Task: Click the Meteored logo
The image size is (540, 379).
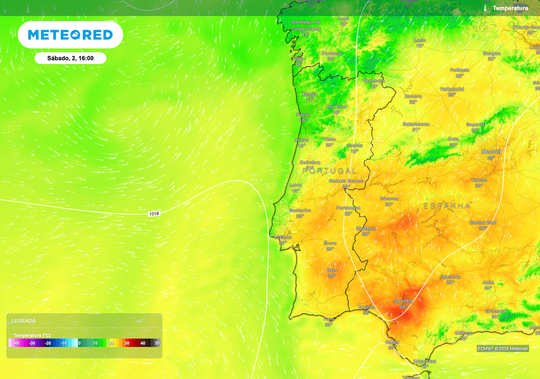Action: [70, 35]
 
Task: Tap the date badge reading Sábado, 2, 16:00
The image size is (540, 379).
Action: [70, 58]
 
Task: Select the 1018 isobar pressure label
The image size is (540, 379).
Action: [154, 213]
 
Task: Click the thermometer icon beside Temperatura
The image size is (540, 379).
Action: [485, 8]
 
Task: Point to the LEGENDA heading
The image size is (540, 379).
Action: [24, 321]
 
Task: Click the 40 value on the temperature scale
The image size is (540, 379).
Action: [142, 343]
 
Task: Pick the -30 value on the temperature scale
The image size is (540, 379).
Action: [32, 343]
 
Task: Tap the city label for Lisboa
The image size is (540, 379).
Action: [283, 237]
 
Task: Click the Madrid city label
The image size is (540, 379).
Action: [491, 152]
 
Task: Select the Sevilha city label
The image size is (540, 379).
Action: [403, 301]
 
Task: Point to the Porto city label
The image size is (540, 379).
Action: [303, 115]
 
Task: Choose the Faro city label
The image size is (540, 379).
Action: [329, 319]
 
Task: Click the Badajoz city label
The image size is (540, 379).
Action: [366, 228]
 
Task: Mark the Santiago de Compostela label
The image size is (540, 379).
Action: [306, 25]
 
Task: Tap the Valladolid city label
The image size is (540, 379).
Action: [452, 89]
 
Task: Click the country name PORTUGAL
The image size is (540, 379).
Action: [330, 171]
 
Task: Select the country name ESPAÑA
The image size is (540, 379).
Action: [447, 206]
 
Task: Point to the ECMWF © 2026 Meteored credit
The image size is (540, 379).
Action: [503, 349]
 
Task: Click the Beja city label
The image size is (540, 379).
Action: [332, 270]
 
